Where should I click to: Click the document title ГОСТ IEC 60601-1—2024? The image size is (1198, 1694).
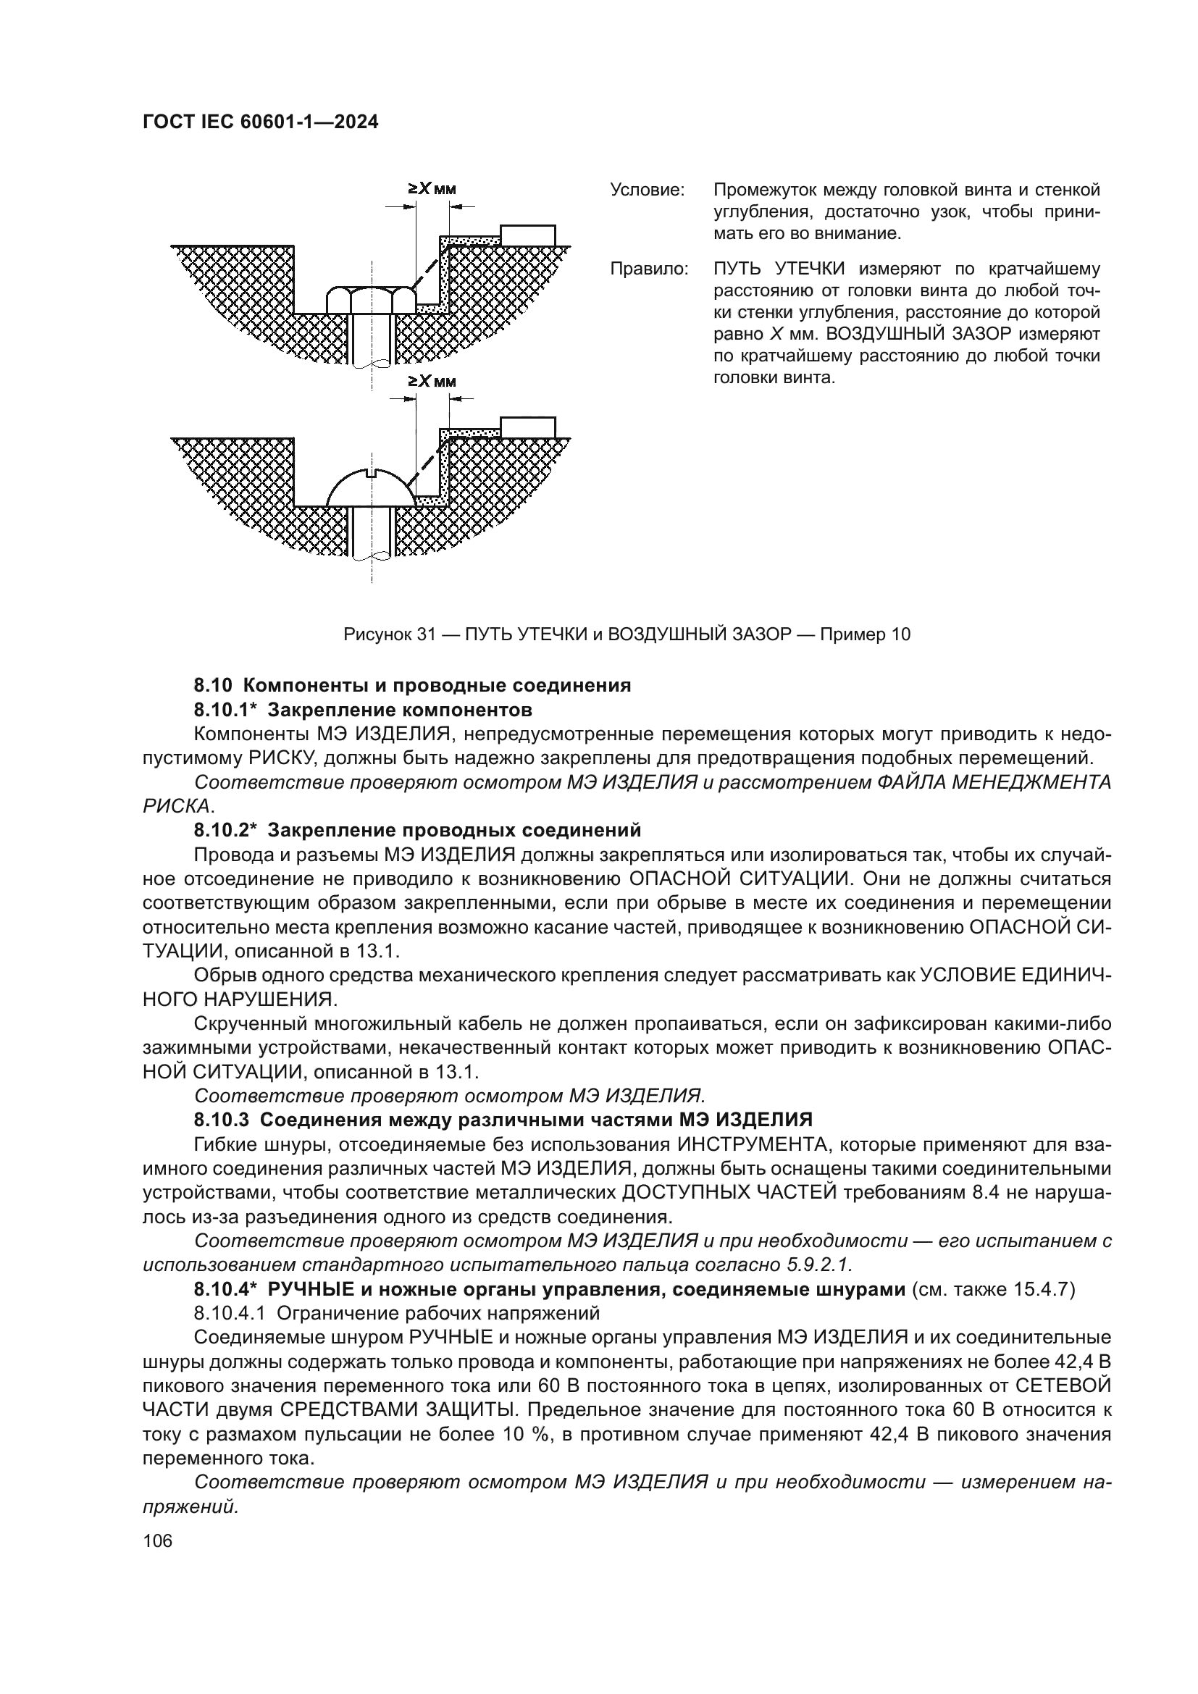tap(260, 122)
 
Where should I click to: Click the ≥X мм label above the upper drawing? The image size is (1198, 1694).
tap(432, 189)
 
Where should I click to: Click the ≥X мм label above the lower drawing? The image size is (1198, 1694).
tap(432, 382)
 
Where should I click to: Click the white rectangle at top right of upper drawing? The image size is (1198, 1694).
tap(527, 235)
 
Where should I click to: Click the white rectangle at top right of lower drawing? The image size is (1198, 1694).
tap(527, 427)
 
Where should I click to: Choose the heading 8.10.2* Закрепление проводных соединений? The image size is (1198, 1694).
tap(417, 830)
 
